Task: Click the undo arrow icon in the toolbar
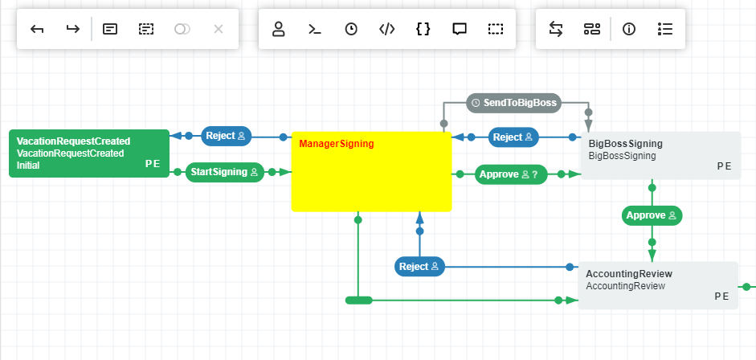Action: click(37, 30)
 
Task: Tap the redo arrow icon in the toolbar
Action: click(73, 30)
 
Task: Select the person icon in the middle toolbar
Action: click(279, 30)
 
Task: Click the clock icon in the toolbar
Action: click(351, 30)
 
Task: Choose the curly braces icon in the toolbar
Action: click(423, 30)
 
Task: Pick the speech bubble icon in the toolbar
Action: click(460, 30)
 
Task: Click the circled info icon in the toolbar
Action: click(629, 30)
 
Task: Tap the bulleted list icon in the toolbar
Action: click(665, 30)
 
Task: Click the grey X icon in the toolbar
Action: click(219, 30)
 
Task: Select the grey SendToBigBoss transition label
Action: click(514, 103)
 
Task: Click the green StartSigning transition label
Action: click(225, 172)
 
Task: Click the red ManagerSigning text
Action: click(337, 144)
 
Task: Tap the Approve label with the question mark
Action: click(511, 174)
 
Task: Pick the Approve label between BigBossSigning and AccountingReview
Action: click(652, 215)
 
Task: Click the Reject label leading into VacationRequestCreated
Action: click(226, 136)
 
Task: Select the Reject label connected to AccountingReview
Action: click(419, 267)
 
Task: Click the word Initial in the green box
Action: click(28, 166)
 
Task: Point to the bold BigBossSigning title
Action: click(625, 144)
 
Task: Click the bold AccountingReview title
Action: click(629, 274)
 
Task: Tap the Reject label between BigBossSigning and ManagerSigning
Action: click(513, 137)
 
